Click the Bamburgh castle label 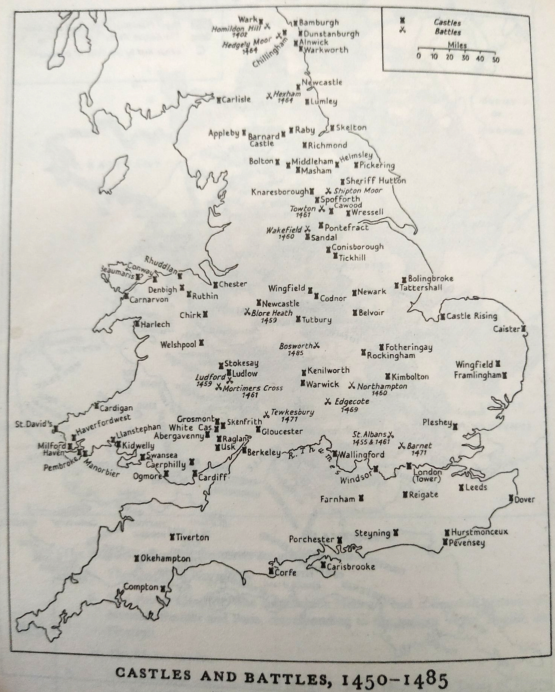[318, 23]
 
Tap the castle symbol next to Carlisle [219, 100]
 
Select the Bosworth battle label [296, 346]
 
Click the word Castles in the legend [447, 22]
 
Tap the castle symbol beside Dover [511, 498]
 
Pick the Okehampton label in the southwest [165, 558]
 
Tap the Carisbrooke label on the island [351, 567]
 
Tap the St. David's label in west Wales [33, 424]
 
